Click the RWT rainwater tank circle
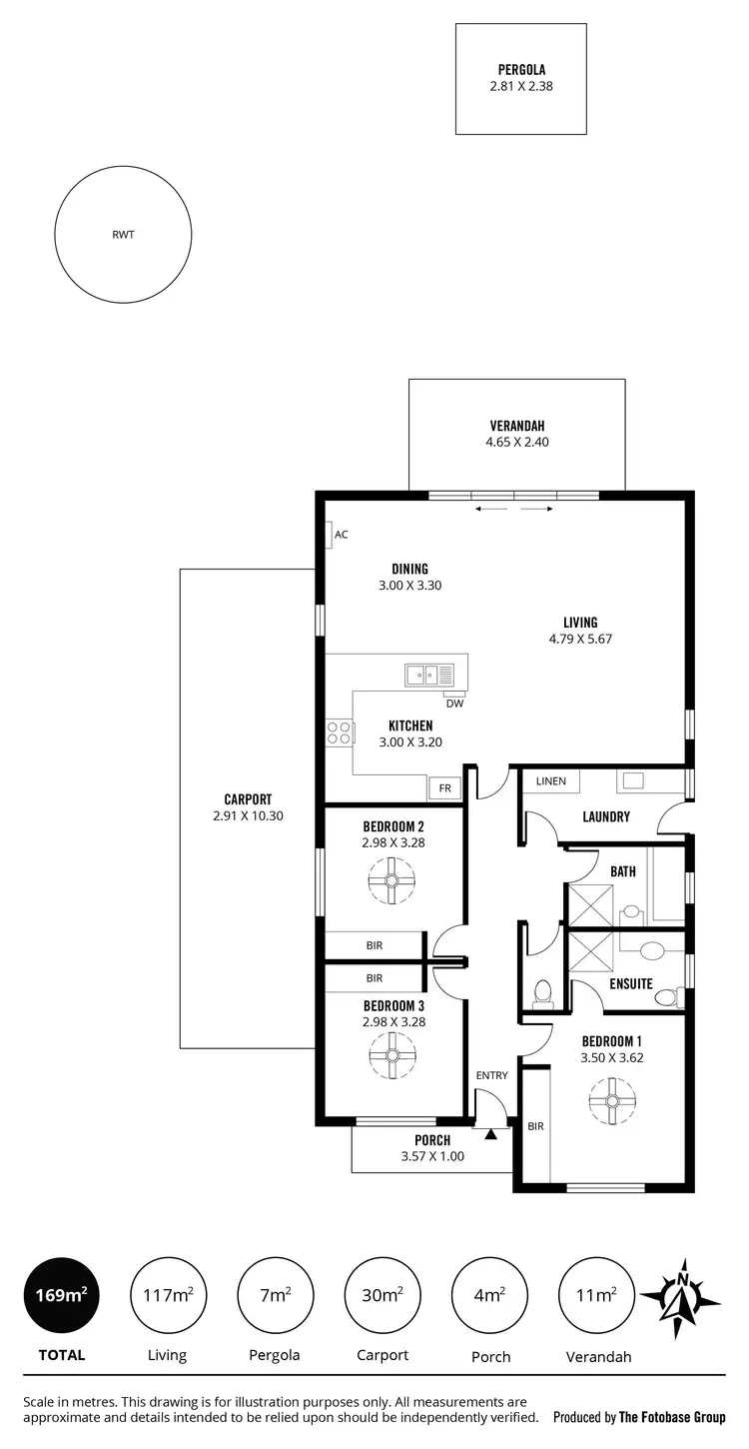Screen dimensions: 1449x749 123,236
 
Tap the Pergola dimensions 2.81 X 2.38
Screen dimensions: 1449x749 520,87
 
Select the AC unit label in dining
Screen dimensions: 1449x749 341,535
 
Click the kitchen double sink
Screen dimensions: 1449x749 428,675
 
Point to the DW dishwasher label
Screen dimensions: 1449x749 455,704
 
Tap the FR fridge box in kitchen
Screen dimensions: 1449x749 444,788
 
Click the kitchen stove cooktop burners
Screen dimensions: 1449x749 340,732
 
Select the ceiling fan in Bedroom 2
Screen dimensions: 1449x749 391,880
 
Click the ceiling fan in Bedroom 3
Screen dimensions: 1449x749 391,1051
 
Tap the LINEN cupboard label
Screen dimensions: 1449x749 550,780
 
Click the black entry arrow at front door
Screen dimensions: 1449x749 490,1133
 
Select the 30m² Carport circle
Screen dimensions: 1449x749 383,1295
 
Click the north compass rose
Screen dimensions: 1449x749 681,1296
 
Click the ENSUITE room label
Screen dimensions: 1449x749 631,984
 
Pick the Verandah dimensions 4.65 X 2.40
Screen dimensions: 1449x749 516,442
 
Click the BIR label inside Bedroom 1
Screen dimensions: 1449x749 535,1126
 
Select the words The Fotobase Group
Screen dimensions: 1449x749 672,1417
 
